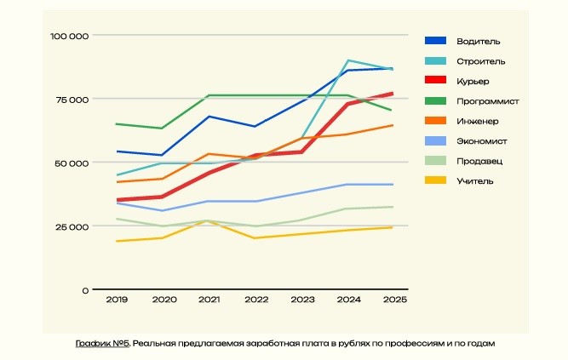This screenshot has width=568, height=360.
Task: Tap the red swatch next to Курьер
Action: click(x=435, y=81)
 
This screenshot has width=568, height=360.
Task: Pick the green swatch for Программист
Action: click(x=435, y=101)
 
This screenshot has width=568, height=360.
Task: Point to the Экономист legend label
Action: click(x=482, y=140)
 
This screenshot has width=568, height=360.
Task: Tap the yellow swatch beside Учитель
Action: click(x=435, y=180)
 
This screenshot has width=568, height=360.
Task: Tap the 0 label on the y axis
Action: click(x=85, y=290)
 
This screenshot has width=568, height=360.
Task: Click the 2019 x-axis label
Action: click(x=117, y=300)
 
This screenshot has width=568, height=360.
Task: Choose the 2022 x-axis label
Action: click(x=255, y=300)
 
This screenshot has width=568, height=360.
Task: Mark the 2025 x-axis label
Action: click(x=393, y=300)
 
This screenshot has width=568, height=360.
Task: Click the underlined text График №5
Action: click(x=101, y=343)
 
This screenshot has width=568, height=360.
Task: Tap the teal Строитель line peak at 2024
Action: click(x=348, y=60)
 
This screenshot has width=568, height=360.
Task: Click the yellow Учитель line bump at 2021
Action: click(x=209, y=220)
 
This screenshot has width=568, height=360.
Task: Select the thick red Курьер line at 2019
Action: click(x=117, y=200)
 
